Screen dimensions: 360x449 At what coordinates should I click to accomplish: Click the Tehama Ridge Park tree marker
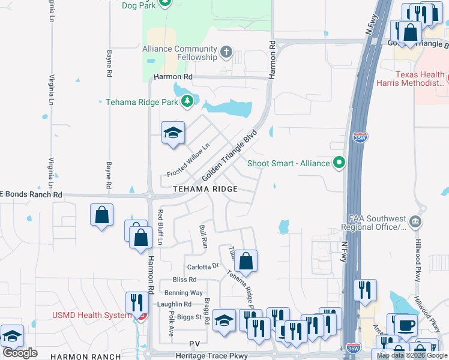(188, 101)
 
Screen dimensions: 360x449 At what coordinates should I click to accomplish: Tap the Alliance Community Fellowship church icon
(226, 52)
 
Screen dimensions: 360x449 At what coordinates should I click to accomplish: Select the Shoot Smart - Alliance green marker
(340, 163)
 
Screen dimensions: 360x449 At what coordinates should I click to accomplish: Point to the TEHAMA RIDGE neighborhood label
(205, 189)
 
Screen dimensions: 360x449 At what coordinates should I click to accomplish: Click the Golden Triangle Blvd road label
(229, 156)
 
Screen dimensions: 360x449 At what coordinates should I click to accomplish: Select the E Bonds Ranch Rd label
(31, 194)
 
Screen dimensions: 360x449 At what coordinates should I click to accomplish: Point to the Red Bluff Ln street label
(160, 227)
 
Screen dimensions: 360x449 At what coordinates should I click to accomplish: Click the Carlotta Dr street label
(203, 266)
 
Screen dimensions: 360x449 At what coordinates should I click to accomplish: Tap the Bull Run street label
(203, 237)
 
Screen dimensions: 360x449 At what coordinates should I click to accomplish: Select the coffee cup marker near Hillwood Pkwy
(406, 325)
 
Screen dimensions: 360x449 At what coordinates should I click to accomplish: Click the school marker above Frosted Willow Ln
(173, 133)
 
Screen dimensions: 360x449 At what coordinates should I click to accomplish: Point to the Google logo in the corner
(20, 353)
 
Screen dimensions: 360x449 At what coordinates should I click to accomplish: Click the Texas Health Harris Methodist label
(411, 79)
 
